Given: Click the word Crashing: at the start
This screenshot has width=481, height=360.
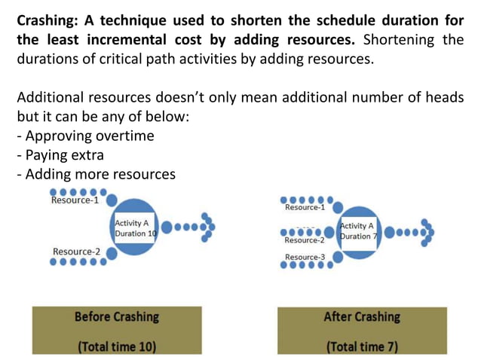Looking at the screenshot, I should pos(48,20).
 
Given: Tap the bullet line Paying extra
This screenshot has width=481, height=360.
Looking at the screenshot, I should pos(66,155).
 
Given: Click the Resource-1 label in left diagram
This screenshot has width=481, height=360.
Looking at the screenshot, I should pos(75,201).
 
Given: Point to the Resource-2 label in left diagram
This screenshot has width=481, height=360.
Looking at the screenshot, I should pos(76,252).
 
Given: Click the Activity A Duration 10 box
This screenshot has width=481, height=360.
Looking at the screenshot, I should pos(136,228).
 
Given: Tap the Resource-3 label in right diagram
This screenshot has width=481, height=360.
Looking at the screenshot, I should pos(305,258).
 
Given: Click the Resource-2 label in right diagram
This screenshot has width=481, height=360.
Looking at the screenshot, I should pos(305,240).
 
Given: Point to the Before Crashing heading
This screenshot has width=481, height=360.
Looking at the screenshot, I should pos(117,316).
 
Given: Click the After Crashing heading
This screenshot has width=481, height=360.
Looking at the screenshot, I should pos(362,316).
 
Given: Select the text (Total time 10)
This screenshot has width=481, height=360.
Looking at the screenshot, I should pos(117,346).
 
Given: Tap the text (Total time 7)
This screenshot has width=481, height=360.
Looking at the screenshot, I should pos(362,346).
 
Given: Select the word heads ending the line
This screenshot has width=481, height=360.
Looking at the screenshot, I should pos(444,98).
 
